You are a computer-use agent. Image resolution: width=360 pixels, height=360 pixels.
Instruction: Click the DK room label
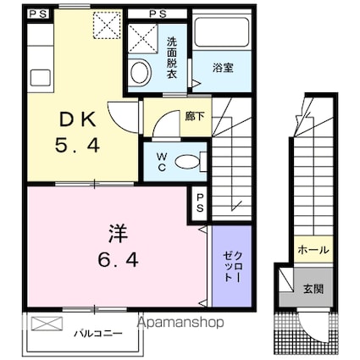coord(78,121)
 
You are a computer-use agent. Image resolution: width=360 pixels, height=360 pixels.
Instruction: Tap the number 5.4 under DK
coord(78,146)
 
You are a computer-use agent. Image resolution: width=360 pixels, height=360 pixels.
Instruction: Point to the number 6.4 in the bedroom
coord(119,260)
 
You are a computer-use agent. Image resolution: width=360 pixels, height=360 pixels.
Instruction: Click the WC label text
coord(161,162)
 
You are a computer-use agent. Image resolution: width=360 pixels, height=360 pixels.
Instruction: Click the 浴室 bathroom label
coord(223,68)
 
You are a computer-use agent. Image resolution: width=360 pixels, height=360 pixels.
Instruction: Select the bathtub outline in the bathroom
coord(222,32)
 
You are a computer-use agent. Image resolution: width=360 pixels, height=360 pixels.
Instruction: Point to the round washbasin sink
coord(141,72)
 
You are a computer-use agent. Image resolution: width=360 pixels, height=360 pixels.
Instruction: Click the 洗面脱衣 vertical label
coord(171,58)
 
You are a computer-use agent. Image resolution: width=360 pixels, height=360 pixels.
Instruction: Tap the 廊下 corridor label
coord(195,116)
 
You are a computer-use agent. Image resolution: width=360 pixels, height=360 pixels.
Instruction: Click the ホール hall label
coord(313,250)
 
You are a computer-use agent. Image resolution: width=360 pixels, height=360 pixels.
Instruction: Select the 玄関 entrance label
coord(313,289)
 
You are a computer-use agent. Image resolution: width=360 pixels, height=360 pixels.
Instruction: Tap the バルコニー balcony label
coord(98,334)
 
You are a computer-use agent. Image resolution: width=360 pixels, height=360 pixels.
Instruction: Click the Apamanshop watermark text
coord(180,322)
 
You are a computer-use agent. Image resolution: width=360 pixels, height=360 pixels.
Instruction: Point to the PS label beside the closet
coord(200,202)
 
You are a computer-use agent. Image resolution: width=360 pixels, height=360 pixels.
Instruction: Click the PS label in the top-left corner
coord(38,14)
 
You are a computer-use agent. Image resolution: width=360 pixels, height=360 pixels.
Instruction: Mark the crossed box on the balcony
coord(47,324)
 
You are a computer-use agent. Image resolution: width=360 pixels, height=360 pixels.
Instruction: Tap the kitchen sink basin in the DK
coord(41,78)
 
